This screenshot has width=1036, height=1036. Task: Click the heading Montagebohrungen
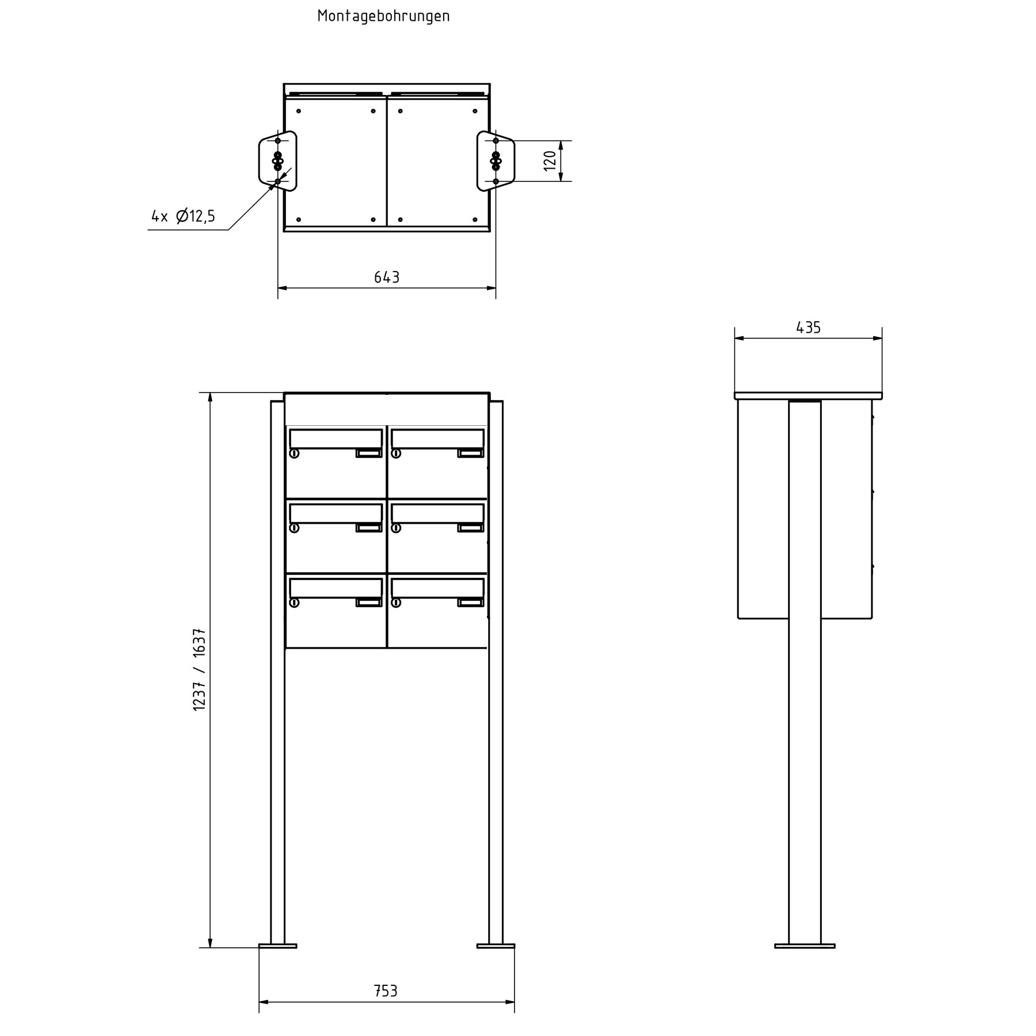pos(383,16)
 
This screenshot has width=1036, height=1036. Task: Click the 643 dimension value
pos(387,277)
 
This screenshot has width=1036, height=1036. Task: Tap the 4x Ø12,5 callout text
pos(183,216)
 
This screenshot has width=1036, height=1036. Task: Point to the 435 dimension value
pos(808,327)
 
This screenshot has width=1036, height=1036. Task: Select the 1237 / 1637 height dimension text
pos(199,670)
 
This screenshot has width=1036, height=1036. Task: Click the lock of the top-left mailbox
pos(294,454)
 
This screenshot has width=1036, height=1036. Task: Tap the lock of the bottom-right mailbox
pos(396,603)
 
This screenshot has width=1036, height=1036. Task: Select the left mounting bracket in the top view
pos(277,161)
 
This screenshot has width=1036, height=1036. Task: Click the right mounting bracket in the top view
pos(496,161)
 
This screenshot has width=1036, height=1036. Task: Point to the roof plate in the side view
pos(808,395)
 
